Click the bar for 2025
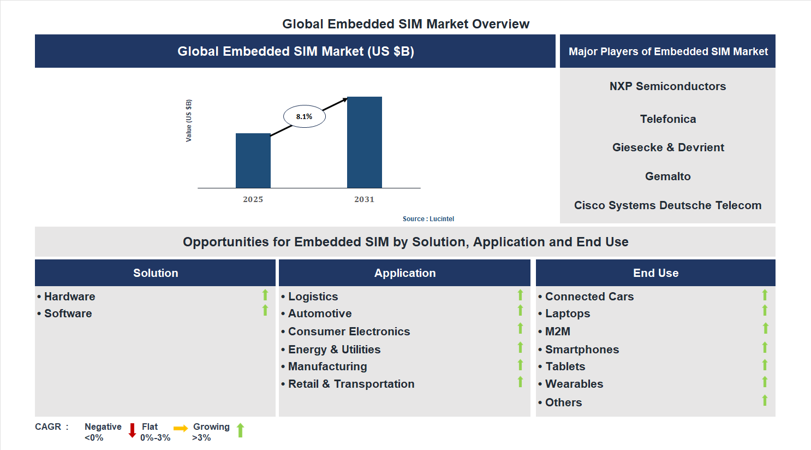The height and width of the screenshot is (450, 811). click(253, 161)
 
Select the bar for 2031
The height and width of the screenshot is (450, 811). click(364, 143)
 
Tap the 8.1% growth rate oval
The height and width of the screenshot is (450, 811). click(304, 116)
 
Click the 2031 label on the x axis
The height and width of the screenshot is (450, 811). click(364, 199)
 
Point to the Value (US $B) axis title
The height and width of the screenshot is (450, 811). click(189, 121)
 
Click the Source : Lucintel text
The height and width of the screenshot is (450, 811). click(428, 219)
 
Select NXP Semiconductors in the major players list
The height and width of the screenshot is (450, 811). click(667, 86)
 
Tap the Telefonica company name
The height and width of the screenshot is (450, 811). click(667, 119)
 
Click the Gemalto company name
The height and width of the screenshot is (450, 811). click(667, 176)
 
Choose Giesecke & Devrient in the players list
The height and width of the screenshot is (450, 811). click(667, 147)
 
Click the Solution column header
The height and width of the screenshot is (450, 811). click(156, 273)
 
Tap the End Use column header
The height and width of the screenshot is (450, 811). click(655, 273)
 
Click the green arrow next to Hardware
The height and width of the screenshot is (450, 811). click(265, 295)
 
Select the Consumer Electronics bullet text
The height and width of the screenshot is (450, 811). click(349, 331)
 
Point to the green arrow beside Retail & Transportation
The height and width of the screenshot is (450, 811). click(520, 382)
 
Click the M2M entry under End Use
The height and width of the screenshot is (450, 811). click(557, 331)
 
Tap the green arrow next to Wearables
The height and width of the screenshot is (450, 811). click(765, 382)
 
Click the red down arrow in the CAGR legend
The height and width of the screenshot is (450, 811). click(132, 430)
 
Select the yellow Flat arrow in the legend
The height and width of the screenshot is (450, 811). click(181, 429)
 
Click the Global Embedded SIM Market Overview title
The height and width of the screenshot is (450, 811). click(405, 24)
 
